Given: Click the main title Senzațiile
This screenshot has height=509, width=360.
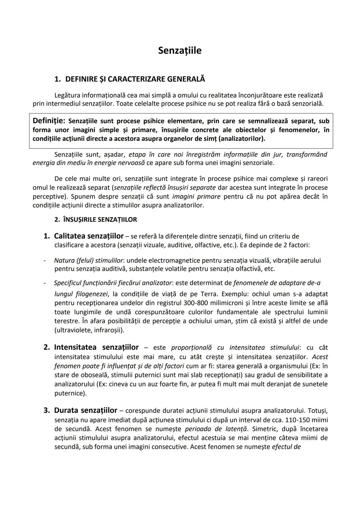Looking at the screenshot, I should point(180,50).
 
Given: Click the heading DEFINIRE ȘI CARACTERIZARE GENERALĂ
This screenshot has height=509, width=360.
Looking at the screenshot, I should point(135,79).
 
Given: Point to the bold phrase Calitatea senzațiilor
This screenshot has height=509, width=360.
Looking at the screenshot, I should point(89,236).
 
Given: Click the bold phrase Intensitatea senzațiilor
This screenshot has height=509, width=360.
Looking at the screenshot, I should point(96,347).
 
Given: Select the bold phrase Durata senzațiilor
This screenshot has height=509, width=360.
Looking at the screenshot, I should point(85,410).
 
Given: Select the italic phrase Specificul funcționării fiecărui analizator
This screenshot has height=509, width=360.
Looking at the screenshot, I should point(113,283).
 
